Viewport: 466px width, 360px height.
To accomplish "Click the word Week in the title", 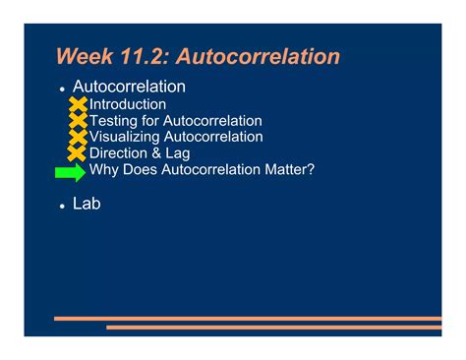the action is point(85,56).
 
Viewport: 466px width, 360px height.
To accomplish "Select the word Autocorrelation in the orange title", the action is point(259,56).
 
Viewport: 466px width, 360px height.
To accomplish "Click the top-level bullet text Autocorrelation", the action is point(129,87).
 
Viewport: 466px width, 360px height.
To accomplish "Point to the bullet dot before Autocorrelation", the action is point(62,90).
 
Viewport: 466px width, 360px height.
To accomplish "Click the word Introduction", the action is point(128,104).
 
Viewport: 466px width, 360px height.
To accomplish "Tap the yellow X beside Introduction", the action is point(79,104).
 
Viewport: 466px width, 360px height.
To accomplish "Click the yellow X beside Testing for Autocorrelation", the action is point(79,120).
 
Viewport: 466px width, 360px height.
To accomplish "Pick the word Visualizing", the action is point(124,137).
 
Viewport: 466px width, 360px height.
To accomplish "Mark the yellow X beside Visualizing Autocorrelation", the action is point(78,138).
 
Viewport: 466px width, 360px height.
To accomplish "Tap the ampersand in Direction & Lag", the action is point(156,153).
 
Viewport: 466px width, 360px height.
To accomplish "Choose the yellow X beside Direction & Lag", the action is point(77,153).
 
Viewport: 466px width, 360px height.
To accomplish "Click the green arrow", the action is point(71,172).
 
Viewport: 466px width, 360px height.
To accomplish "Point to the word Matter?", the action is point(290,169).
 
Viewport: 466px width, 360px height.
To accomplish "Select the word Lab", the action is point(87,204).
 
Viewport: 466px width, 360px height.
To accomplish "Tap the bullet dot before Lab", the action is point(62,207).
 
